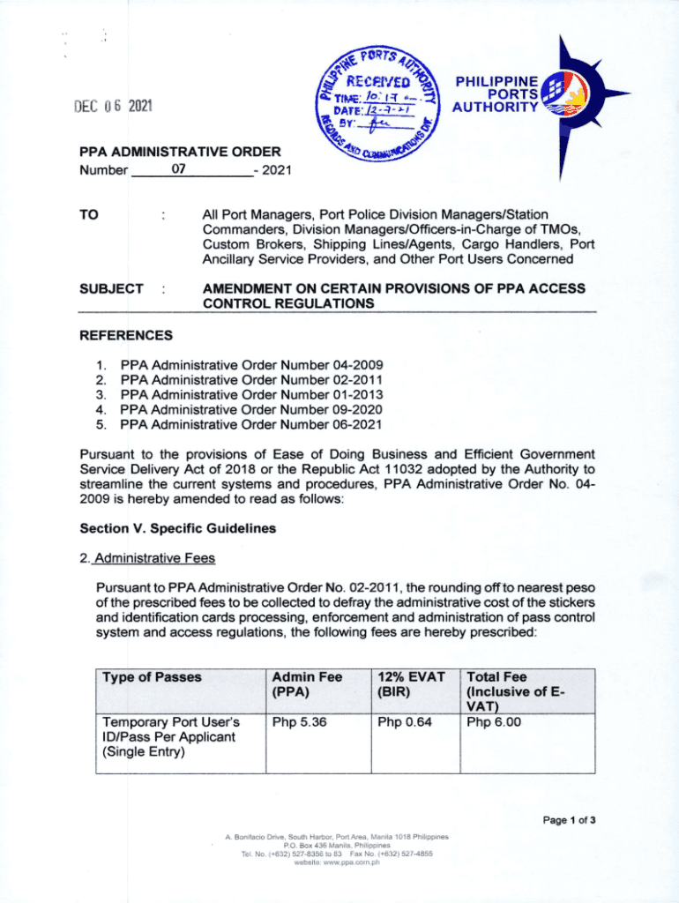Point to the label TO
88,214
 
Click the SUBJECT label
111,289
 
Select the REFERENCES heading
126,335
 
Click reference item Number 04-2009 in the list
251,365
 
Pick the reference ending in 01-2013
251,395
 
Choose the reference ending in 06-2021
251,425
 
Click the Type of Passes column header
152,677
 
